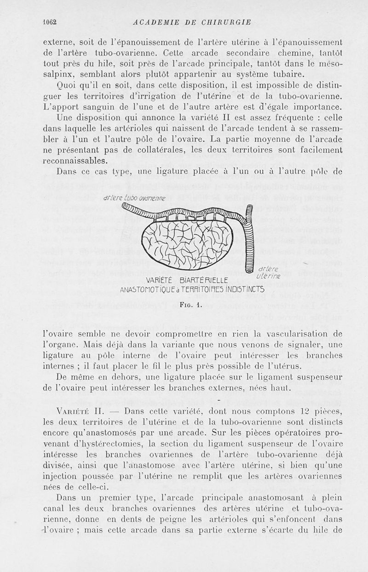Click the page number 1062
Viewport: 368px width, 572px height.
point(49,21)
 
